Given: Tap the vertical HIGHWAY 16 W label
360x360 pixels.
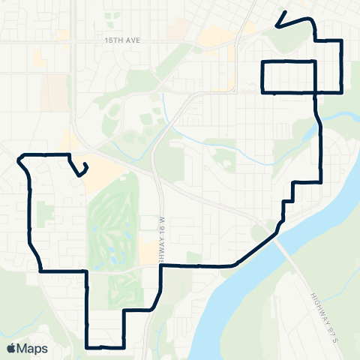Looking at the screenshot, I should [x=161, y=238].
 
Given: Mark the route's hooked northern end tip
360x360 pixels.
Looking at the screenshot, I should [x=277, y=27].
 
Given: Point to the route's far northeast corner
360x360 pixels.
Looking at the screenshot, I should [x=342, y=40].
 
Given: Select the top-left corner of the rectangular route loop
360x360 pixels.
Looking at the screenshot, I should [x=262, y=60].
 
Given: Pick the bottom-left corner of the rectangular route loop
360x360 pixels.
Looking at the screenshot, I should [x=262, y=91].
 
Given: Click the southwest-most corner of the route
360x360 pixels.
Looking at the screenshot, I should [x=88, y=347].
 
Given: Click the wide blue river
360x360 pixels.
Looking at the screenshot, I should [x=247, y=300].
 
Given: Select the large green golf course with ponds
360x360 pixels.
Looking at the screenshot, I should [x=112, y=225].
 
